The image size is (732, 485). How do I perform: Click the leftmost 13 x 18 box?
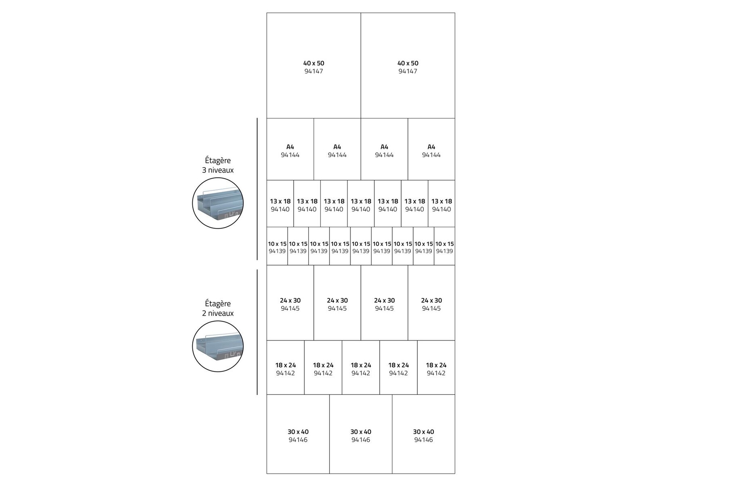coord(280,204)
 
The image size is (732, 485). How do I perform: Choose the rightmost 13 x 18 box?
coord(442,204)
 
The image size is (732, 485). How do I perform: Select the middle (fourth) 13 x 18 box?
coord(361,204)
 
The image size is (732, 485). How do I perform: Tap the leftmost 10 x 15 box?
coord(277,247)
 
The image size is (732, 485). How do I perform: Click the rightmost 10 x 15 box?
coord(444,247)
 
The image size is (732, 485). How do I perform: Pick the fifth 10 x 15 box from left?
coord(361,247)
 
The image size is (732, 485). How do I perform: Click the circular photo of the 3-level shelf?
coord(218,203)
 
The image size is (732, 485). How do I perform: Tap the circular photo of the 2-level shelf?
coord(218,346)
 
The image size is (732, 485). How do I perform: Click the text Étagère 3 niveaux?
coord(218,165)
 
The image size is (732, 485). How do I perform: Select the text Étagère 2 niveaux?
coord(218,308)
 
